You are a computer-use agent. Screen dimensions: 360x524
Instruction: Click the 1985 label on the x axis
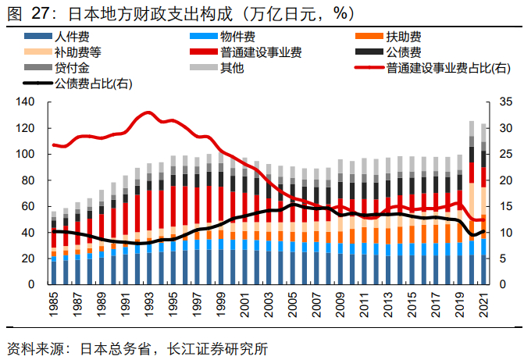pyautogui.click(x=53, y=305)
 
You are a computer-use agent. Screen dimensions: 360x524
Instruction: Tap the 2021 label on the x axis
pyautogui.click(x=483, y=305)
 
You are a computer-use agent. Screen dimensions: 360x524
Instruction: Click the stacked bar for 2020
pyautogui.click(x=472, y=203)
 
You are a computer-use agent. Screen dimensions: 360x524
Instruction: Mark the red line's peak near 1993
pyautogui.click(x=148, y=113)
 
